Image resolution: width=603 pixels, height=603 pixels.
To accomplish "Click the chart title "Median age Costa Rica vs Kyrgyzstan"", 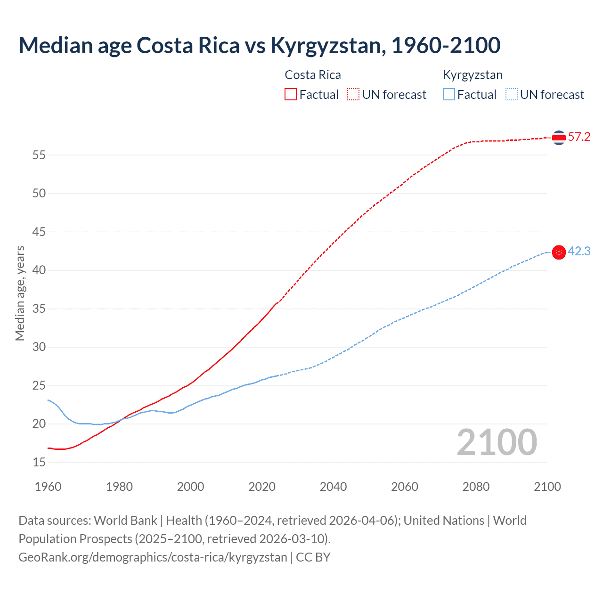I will tap(259, 46).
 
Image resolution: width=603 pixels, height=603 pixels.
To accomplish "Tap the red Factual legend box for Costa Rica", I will tap(291, 94).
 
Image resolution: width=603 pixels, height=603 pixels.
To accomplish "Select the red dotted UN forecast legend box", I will tap(353, 94).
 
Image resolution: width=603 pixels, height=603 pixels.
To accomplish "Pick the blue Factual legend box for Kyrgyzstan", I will tap(449, 94).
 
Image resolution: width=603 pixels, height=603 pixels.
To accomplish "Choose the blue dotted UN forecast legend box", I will tap(512, 94).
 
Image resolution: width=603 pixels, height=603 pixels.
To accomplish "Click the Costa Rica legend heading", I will tap(313, 75).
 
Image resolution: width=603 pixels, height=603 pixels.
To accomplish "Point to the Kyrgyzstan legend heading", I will tap(473, 75).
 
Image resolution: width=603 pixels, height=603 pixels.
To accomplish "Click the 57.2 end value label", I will tap(579, 137).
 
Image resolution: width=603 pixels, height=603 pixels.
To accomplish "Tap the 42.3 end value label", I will tap(579, 252).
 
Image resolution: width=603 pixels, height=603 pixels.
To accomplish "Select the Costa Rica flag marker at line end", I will tap(559, 138).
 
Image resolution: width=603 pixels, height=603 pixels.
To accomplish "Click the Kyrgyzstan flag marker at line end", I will tap(559, 253).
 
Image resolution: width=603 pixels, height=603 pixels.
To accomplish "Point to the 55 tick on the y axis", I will tap(39, 155).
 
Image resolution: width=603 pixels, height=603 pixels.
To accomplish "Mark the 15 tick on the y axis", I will tap(39, 463).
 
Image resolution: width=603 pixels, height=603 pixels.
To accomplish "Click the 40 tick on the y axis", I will tap(39, 270).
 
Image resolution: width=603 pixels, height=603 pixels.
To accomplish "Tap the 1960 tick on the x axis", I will tap(48, 487).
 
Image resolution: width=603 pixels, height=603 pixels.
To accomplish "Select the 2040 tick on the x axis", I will tap(333, 487).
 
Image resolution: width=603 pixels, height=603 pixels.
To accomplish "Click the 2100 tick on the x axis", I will tap(547, 487).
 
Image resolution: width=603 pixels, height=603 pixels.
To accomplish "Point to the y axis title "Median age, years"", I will tap(20, 293).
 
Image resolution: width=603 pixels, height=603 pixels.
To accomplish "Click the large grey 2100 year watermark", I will tap(497, 442).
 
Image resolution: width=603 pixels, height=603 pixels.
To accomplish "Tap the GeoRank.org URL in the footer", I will tap(153, 557).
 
